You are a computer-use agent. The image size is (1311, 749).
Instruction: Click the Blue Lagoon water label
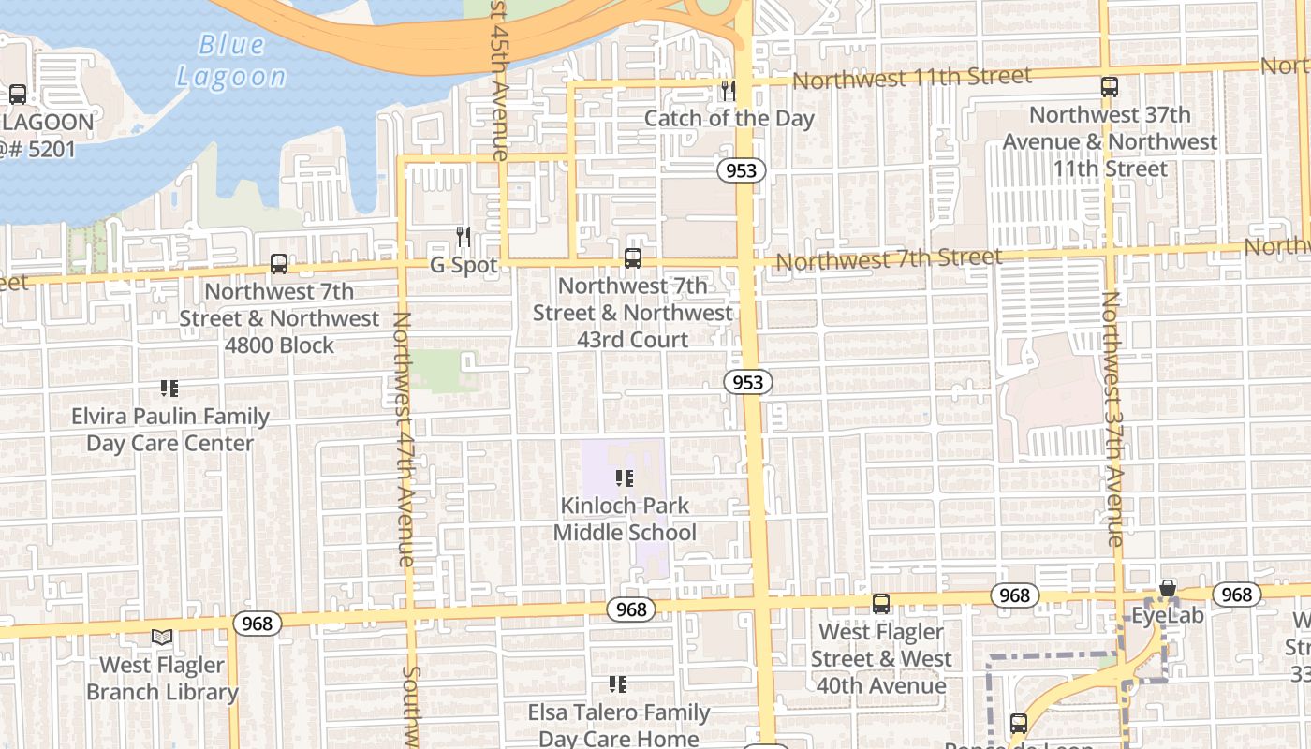pyautogui.click(x=231, y=61)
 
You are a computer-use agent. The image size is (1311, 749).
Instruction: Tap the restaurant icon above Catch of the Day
pyautogui.click(x=728, y=91)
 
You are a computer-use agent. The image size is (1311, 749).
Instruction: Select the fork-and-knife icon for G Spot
pyautogui.click(x=464, y=236)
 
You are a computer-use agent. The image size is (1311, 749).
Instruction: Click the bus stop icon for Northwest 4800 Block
pyautogui.click(x=279, y=264)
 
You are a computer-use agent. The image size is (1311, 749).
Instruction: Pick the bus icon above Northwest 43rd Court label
pyautogui.click(x=633, y=258)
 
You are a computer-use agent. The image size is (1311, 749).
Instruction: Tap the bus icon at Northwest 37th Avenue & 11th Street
pyautogui.click(x=1110, y=87)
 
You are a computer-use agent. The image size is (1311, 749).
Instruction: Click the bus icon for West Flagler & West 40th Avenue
pyautogui.click(x=881, y=604)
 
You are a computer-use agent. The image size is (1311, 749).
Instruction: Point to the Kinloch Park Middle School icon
pyautogui.click(x=625, y=479)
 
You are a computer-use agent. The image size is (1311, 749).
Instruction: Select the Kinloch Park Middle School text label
pyautogui.click(x=625, y=519)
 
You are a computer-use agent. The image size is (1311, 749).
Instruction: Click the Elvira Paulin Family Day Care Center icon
pyautogui.click(x=169, y=389)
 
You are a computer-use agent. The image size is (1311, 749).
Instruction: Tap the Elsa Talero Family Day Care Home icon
pyautogui.click(x=618, y=684)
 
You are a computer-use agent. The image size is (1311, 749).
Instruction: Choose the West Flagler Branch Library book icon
pyautogui.click(x=162, y=638)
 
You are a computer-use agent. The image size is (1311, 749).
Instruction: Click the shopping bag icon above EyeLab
pyautogui.click(x=1168, y=589)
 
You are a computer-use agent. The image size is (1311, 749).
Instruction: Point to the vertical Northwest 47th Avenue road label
pyautogui.click(x=404, y=438)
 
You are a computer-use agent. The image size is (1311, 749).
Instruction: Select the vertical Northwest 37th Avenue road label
pyautogui.click(x=1112, y=419)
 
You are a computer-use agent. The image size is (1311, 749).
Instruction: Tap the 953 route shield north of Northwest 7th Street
pyautogui.click(x=743, y=170)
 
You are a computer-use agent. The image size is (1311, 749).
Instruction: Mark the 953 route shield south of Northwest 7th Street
pyautogui.click(x=748, y=382)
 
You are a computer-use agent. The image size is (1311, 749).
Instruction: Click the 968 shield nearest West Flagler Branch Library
pyautogui.click(x=257, y=624)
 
